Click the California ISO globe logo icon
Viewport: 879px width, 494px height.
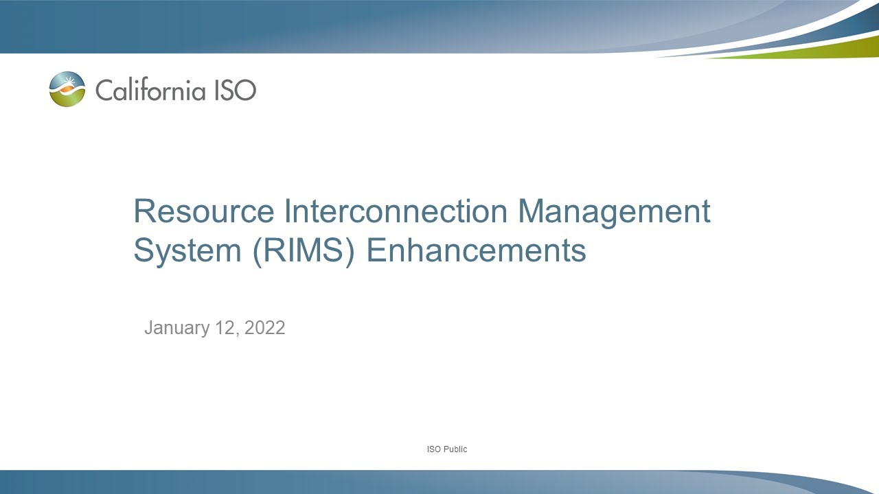click(x=67, y=89)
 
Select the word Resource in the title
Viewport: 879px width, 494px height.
click(x=203, y=211)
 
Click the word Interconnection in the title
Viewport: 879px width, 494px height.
click(x=391, y=211)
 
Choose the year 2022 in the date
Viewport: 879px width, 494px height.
click(x=264, y=328)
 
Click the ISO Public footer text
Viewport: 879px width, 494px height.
click(x=447, y=449)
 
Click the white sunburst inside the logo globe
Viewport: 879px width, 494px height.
click(x=68, y=84)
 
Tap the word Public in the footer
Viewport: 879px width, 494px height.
click(x=455, y=449)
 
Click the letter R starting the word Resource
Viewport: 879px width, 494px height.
click(x=143, y=211)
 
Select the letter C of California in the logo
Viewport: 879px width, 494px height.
click(x=104, y=90)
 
